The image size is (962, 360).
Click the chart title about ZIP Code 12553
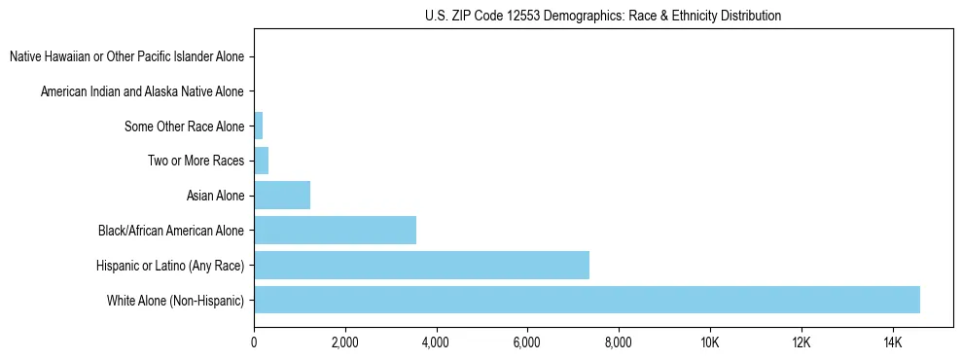pyautogui.click(x=603, y=16)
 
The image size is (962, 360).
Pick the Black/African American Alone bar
pyautogui.click(x=335, y=231)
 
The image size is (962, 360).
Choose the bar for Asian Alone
pyautogui.click(x=282, y=196)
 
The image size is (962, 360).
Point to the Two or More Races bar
pyautogui.click(x=262, y=161)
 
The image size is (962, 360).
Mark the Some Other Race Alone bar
pyautogui.click(x=259, y=126)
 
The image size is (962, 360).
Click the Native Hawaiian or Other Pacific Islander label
pyautogui.click(x=126, y=57)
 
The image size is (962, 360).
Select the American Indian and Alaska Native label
pyautogui.click(x=142, y=91)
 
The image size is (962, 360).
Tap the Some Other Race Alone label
pyautogui.click(x=185, y=126)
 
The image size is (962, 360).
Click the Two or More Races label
pyautogui.click(x=196, y=161)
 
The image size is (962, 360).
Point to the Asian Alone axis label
pyautogui.click(x=215, y=196)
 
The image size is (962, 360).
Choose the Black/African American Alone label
pyautogui.click(x=171, y=231)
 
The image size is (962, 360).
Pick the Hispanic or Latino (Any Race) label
pyautogui.click(x=170, y=265)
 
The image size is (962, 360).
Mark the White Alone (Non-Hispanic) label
pyautogui.click(x=176, y=300)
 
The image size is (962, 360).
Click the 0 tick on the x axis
pyautogui.click(x=254, y=342)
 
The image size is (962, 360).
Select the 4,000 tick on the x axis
pyautogui.click(x=436, y=342)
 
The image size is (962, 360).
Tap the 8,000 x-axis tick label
pyautogui.click(x=619, y=342)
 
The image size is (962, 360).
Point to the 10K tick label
pyautogui.click(x=710, y=342)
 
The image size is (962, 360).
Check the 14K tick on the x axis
pyautogui.click(x=892, y=342)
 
